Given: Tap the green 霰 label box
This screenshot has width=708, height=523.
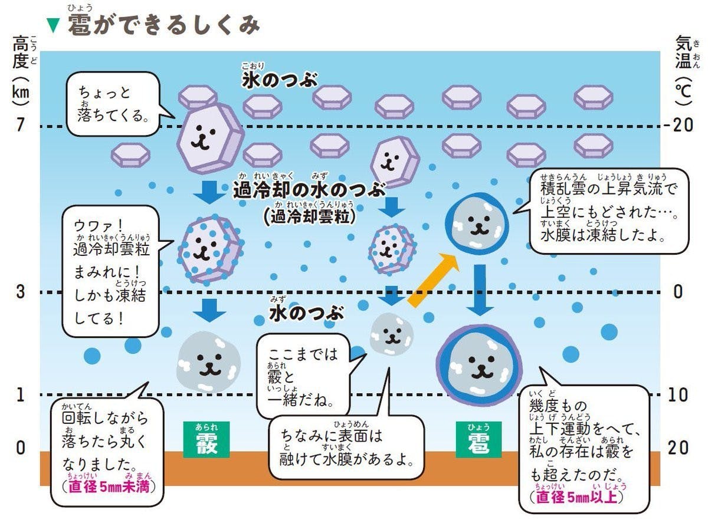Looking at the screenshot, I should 206,440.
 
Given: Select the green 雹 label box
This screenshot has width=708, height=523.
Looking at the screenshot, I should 478,440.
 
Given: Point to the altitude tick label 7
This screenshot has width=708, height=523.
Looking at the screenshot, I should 21,126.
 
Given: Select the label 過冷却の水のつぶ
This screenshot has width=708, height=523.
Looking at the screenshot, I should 310,190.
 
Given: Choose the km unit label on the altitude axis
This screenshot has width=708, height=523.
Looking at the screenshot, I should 21,93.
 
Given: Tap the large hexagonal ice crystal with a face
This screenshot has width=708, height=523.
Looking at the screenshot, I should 209,137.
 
